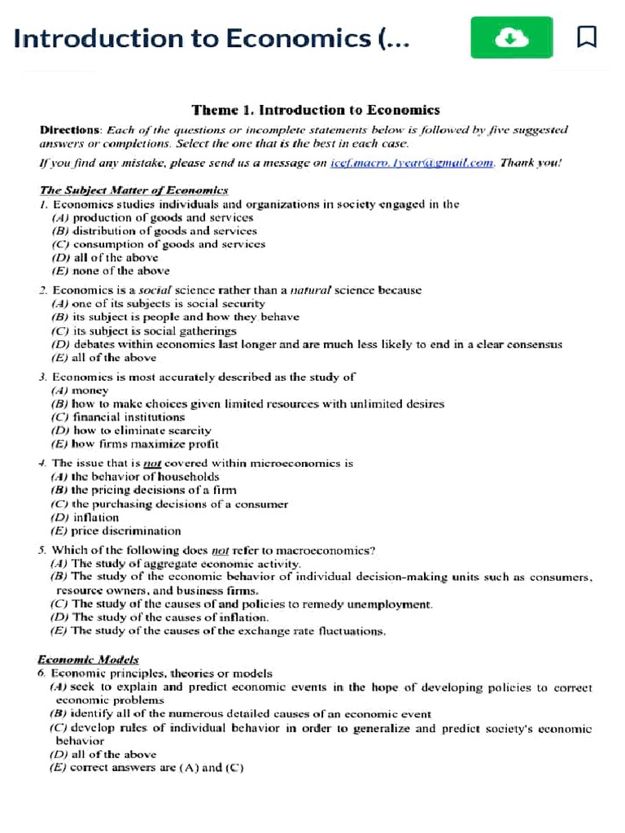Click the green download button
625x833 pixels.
(511, 37)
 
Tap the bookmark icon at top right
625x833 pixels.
(587, 37)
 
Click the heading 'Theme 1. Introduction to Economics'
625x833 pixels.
(316, 110)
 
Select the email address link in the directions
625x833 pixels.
(412, 163)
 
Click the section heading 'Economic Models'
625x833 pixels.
(88, 660)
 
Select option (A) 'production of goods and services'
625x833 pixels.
(152, 217)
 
